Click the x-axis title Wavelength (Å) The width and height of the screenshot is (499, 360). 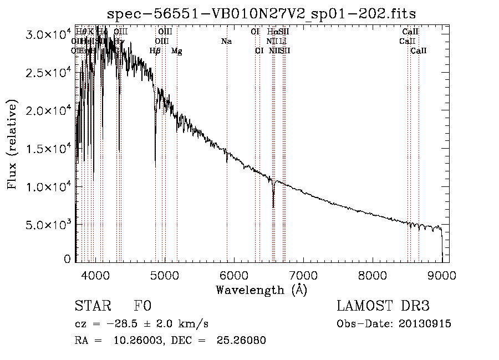261,290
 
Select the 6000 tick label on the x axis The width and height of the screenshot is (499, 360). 234,275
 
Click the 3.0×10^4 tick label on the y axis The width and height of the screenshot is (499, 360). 49,34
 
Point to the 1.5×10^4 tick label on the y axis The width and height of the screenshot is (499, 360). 49,149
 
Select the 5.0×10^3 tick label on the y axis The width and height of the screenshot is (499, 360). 49,225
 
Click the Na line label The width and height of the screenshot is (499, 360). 226,41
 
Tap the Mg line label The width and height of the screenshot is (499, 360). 177,50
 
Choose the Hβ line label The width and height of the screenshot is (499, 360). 155,50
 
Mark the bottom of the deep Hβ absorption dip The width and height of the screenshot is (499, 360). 155,166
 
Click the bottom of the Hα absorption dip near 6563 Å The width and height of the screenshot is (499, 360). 273,207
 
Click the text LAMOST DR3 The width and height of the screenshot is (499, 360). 383,306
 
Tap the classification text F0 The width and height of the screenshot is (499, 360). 142,306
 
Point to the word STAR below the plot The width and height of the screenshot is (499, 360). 93,306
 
